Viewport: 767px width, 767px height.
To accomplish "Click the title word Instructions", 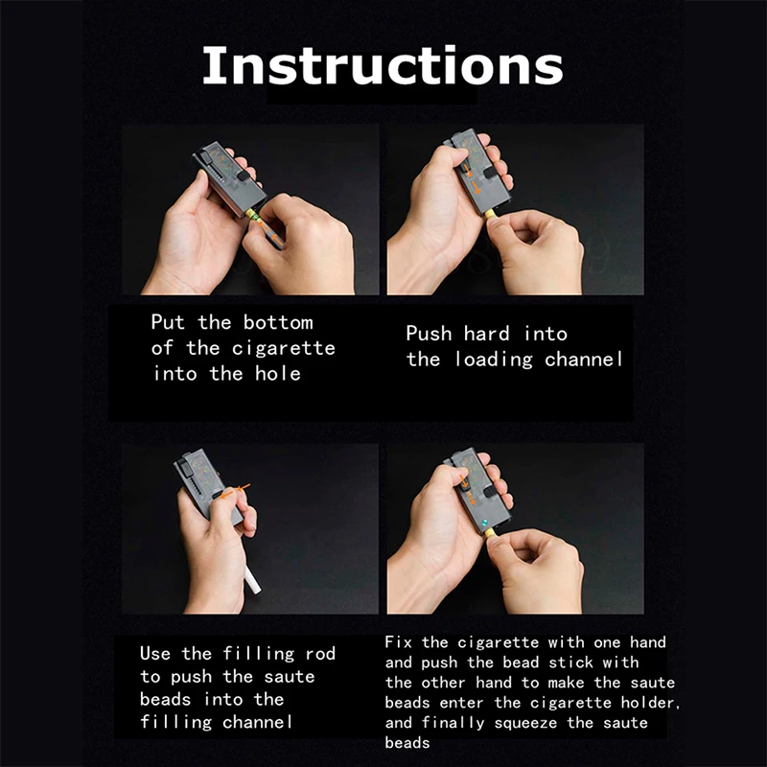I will coord(382,64).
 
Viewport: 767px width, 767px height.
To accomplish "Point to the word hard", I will coord(487,334).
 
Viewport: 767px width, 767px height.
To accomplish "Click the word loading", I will coord(493,360).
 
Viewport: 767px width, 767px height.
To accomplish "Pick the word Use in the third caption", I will coord(156,654).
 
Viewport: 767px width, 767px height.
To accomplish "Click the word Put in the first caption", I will coord(169,322).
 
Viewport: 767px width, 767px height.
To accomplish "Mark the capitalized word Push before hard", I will coord(429,334).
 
